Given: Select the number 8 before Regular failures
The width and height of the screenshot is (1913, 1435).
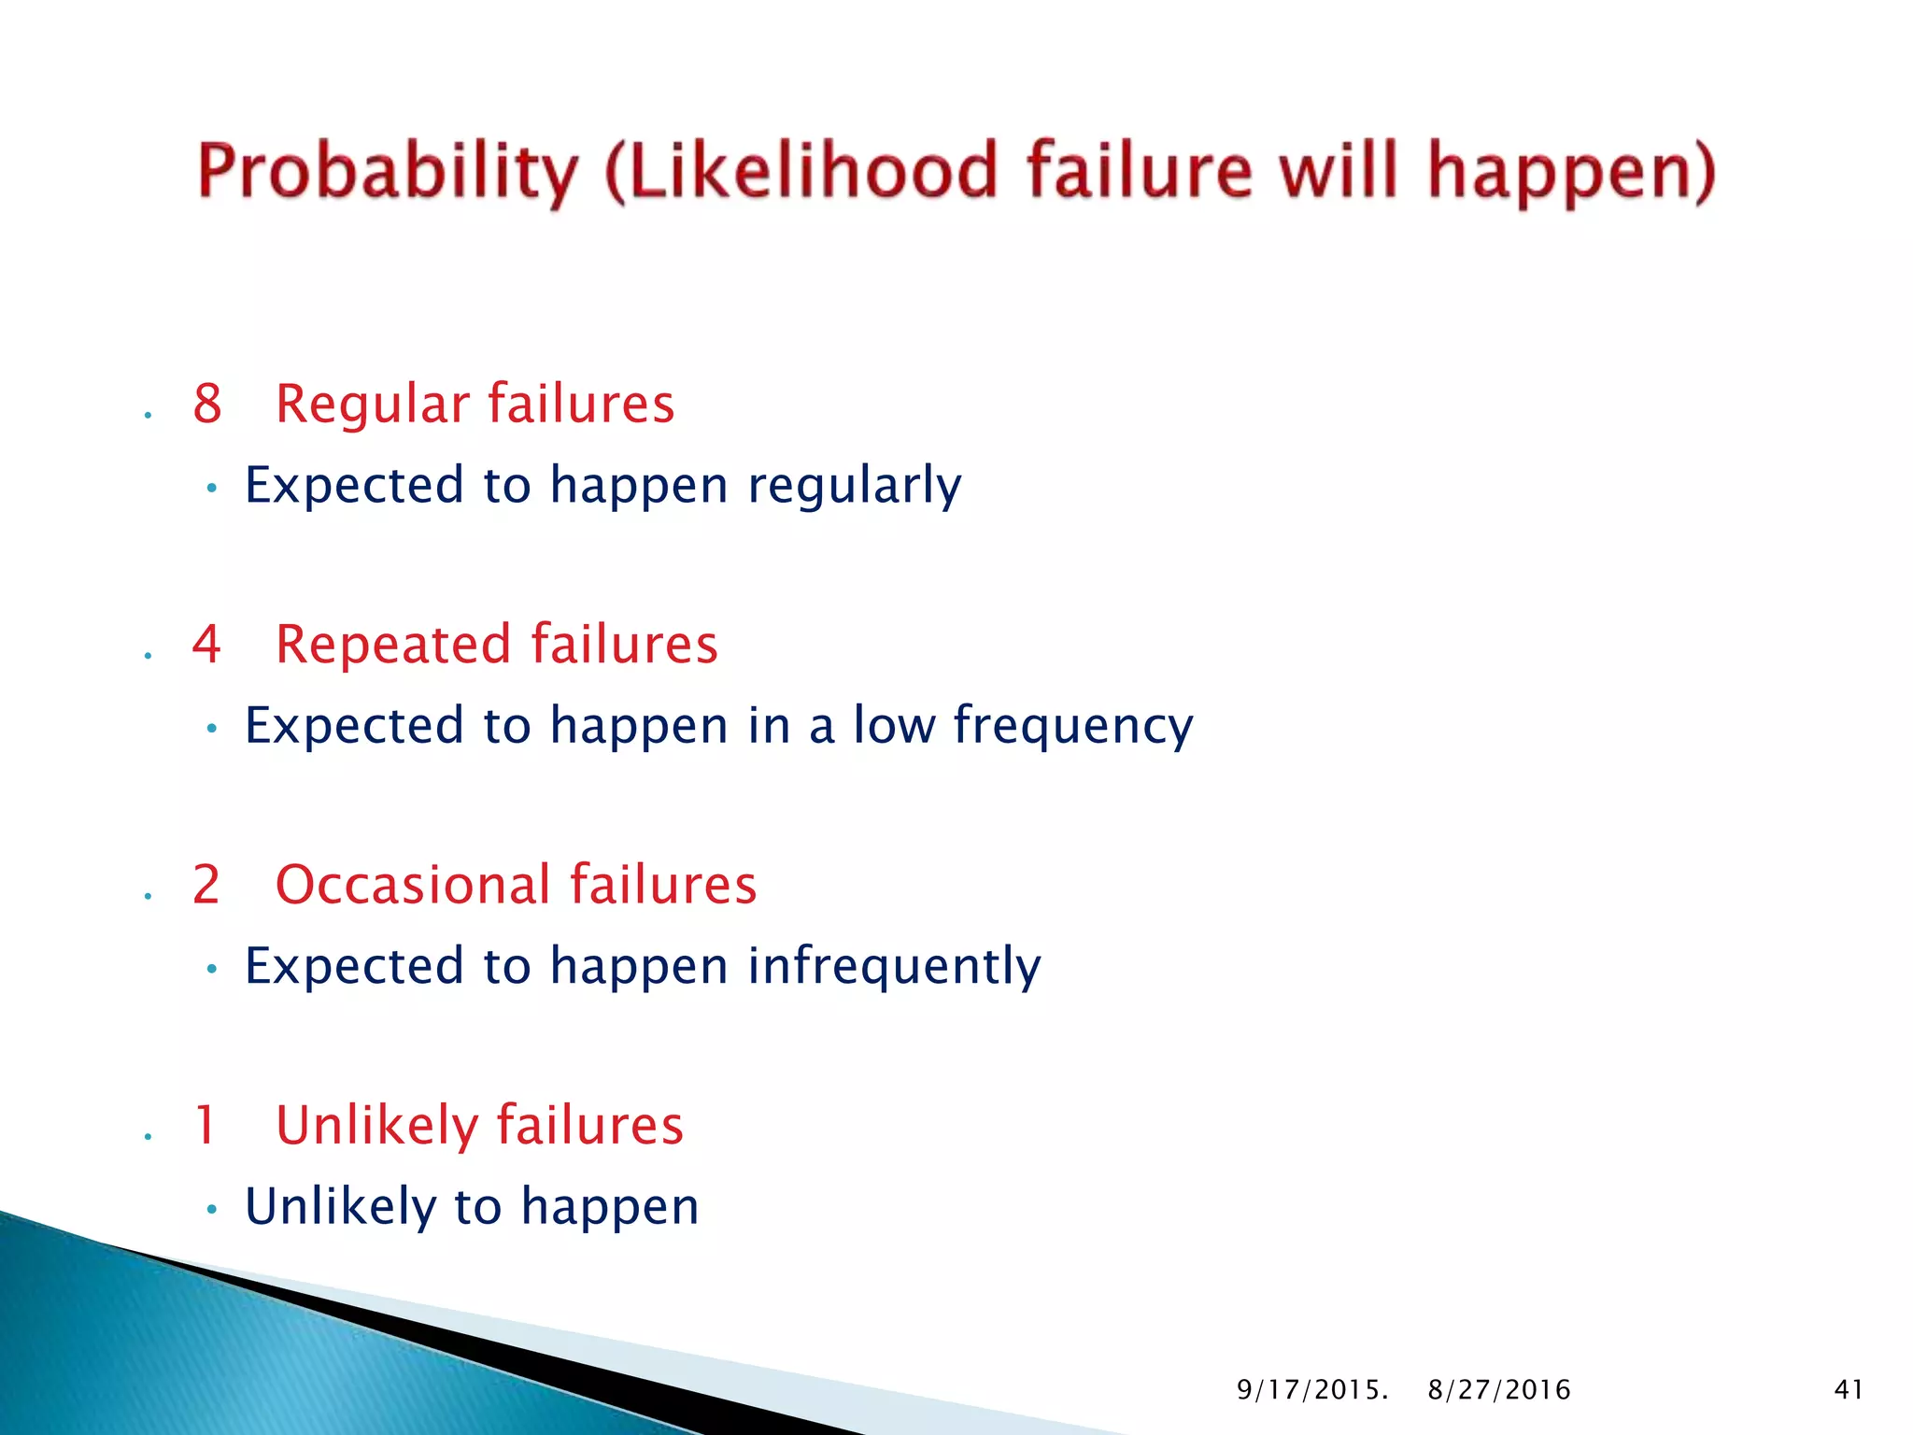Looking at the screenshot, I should (207, 405).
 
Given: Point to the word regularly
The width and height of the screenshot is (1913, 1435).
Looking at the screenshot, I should (854, 487).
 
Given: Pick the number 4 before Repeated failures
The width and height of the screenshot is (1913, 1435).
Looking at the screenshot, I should (206, 645).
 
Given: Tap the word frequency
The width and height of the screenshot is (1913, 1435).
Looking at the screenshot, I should (1072, 727).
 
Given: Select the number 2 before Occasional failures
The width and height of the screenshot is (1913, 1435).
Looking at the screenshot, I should (206, 885).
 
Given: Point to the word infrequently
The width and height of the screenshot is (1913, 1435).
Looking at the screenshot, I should (893, 967).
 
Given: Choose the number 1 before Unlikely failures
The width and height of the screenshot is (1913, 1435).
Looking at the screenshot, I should (205, 1125).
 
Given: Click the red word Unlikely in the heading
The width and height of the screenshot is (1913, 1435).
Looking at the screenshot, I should (376, 1125).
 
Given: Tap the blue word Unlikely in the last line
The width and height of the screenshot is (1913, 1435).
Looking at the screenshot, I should (340, 1206).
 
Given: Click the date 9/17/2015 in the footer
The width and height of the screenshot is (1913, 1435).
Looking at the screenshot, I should (1311, 1390).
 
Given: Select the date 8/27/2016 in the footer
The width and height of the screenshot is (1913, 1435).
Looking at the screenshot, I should (1498, 1390).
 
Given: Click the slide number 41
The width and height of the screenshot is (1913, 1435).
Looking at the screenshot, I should (1849, 1390).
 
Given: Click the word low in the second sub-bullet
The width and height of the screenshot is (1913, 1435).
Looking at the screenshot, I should (894, 725).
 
